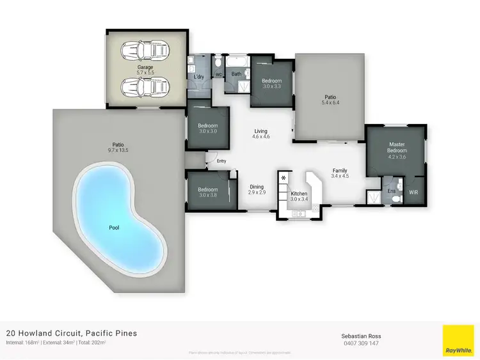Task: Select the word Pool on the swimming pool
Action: point(115,226)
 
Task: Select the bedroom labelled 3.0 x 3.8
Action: point(208,192)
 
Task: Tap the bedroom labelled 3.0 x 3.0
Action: point(208,129)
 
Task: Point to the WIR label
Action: point(413,192)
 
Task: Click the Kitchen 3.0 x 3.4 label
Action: point(300,196)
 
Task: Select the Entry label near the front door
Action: point(221,161)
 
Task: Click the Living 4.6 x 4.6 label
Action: point(260,134)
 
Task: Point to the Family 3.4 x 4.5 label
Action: point(339,173)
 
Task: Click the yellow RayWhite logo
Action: point(458,340)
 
